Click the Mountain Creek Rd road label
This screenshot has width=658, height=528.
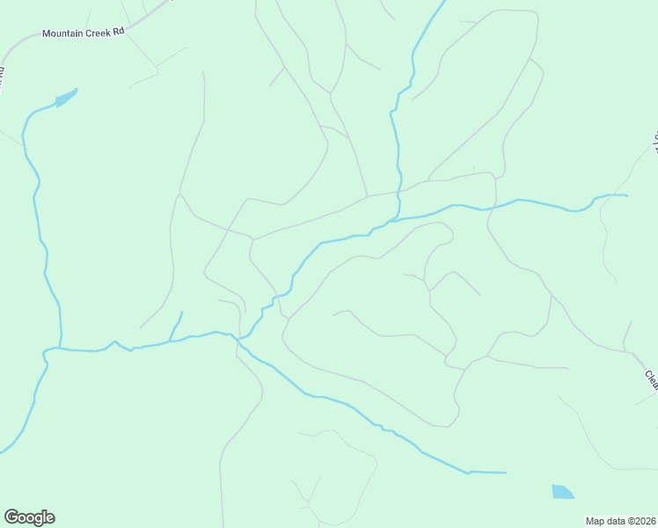tap(84, 33)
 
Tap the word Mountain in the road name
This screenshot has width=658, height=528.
tap(63, 34)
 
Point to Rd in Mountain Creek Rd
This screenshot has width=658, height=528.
tap(120, 30)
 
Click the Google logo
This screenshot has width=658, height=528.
tap(29, 517)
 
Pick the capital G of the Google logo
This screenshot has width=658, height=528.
tap(11, 517)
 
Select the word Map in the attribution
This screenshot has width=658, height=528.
tap(596, 521)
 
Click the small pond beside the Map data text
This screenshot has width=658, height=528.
tap(562, 492)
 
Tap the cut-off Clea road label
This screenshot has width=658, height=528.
tap(651, 378)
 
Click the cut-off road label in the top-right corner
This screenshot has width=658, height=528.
tap(655, 141)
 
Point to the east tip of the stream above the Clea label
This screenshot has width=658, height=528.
tap(627, 195)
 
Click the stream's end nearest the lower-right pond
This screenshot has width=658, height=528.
tap(507, 473)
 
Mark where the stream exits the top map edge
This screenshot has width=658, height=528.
tap(443, 1)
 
